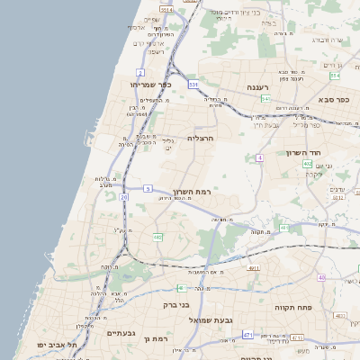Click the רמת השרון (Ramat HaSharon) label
pyautogui.click(x=191, y=193)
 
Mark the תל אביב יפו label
pyautogui.click(x=56, y=345)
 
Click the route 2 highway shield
pyautogui.click(x=140, y=72)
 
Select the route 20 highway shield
pyautogui.click(x=123, y=196)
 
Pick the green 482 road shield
pyautogui.click(x=157, y=238)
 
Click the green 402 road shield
pyautogui.click(x=307, y=164)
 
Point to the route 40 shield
pyautogui.click(x=321, y=277)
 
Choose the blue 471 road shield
pyautogui.click(x=247, y=335)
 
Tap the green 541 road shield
pyautogui.click(x=266, y=98)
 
